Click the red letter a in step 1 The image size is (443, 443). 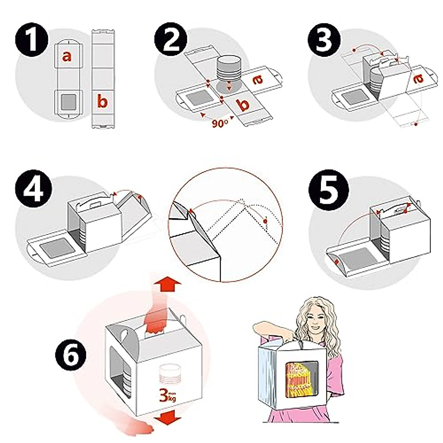67,56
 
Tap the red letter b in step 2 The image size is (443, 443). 245,105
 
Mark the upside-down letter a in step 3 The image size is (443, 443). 418,79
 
